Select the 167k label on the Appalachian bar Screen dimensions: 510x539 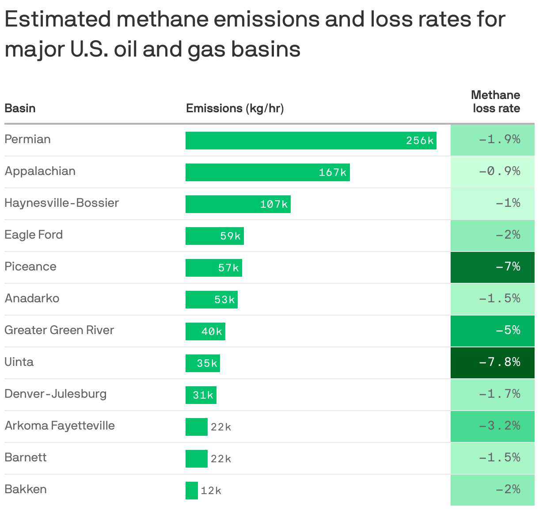click(x=333, y=172)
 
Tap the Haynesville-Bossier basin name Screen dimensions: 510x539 click(x=61, y=203)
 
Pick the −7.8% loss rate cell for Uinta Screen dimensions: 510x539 click(x=492, y=362)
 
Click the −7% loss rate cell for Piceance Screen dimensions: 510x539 click(x=492, y=267)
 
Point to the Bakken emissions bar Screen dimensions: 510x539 click(x=192, y=491)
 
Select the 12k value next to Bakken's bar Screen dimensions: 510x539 click(x=211, y=491)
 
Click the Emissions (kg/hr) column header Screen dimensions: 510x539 click(x=235, y=108)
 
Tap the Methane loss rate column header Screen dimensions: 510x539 click(x=495, y=102)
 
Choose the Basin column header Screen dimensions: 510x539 click(x=20, y=108)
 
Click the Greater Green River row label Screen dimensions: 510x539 click(x=59, y=330)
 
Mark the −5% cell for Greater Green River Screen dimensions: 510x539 click(x=492, y=331)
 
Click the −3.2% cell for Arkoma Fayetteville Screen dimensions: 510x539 click(x=492, y=426)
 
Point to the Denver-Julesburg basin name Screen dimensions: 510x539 click(x=55, y=394)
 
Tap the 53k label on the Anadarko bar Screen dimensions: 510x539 click(x=224, y=300)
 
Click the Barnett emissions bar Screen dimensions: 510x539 click(x=196, y=459)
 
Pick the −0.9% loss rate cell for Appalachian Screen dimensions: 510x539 click(x=492, y=171)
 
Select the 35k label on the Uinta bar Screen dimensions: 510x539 click(x=207, y=363)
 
